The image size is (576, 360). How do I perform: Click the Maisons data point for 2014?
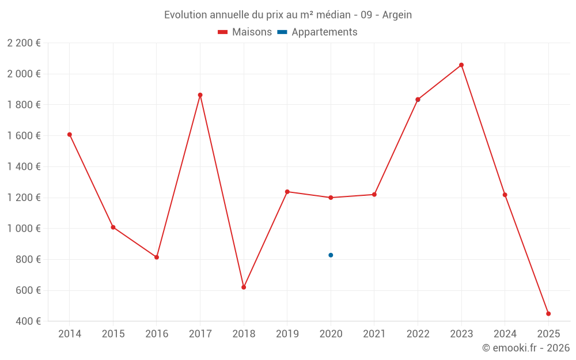[70, 135]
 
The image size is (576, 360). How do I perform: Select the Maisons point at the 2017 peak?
[200, 95]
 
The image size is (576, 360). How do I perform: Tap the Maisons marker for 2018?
[244, 287]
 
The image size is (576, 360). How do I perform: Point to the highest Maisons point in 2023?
[461, 65]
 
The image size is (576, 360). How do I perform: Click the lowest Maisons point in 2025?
[548, 314]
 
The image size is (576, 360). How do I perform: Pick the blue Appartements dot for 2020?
[331, 255]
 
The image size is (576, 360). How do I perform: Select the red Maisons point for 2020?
[331, 198]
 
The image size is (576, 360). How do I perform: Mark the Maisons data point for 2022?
[418, 100]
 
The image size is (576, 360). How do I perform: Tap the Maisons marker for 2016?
[157, 257]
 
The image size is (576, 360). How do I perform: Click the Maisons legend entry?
[245, 32]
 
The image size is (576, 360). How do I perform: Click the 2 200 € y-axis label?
[24, 43]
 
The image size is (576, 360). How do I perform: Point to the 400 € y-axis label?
[27, 321]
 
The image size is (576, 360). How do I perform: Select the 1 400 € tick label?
[24, 167]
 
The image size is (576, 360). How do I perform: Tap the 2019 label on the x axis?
[287, 334]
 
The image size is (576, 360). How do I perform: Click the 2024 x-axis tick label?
[505, 334]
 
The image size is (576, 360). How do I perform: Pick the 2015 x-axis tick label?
[113, 334]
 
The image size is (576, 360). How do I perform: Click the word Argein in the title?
[396, 15]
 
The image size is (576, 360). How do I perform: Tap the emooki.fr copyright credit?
[526, 348]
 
